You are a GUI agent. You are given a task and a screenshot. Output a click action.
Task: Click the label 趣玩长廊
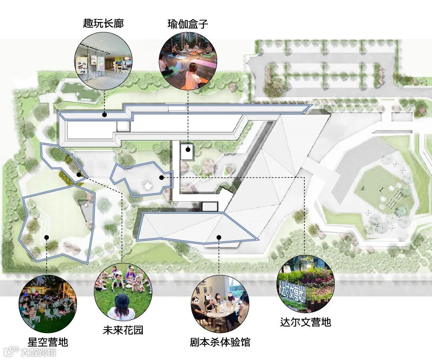coord(104,23)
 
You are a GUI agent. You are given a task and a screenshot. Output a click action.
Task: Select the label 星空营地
coord(48,342)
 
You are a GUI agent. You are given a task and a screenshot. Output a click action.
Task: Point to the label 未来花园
coord(123,330)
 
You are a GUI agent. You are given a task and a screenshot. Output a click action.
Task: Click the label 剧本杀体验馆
coord(220,342)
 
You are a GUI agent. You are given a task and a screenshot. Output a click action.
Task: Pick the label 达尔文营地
coord(306,322)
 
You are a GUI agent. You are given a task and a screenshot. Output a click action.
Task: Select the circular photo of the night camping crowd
coord(48,304)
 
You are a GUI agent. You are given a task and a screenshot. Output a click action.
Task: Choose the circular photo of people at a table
coord(220,304)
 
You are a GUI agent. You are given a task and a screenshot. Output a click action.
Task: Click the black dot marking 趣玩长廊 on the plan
coord(104,115)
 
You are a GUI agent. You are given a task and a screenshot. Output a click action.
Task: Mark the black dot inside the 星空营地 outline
coord(46,237)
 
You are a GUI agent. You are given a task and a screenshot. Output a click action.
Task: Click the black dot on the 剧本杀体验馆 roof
coord(219,237)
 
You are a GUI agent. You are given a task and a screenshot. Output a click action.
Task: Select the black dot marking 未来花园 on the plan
coord(79,175)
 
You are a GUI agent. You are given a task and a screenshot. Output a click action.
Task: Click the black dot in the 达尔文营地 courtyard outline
coord(161,177)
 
